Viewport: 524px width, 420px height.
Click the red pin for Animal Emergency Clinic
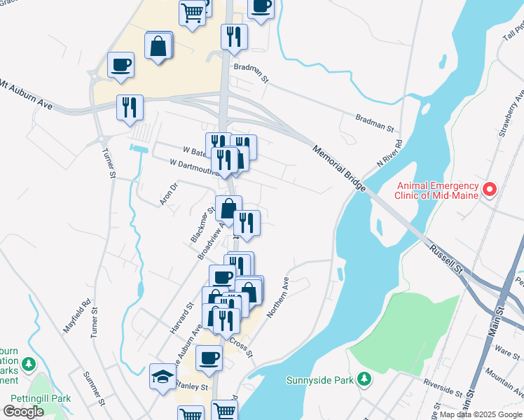[490, 189]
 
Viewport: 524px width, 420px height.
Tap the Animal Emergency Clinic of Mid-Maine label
[438, 190]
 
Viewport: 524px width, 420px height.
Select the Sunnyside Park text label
[321, 381]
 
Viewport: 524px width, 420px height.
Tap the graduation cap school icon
[163, 377]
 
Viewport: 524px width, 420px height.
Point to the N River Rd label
[392, 150]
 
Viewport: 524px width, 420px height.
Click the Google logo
[23, 412]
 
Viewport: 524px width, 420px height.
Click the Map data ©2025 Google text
[481, 414]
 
